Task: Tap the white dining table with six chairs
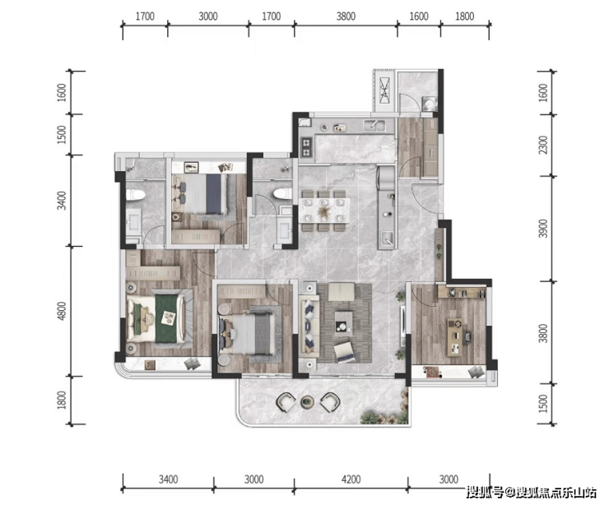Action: point(324,210)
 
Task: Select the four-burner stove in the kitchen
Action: point(306,147)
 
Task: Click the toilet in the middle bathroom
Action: point(282,193)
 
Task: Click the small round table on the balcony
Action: point(307,401)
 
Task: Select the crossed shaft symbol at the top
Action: point(384,90)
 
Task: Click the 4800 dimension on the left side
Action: point(62,311)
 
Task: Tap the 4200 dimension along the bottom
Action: point(351,480)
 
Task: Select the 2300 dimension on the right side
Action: point(543,145)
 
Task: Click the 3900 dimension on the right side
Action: point(543,229)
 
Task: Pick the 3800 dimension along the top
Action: point(346,16)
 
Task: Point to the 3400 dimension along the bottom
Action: point(168,480)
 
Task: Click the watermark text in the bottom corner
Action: point(532,493)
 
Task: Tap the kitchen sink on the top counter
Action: point(374,126)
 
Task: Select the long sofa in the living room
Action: point(309,325)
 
